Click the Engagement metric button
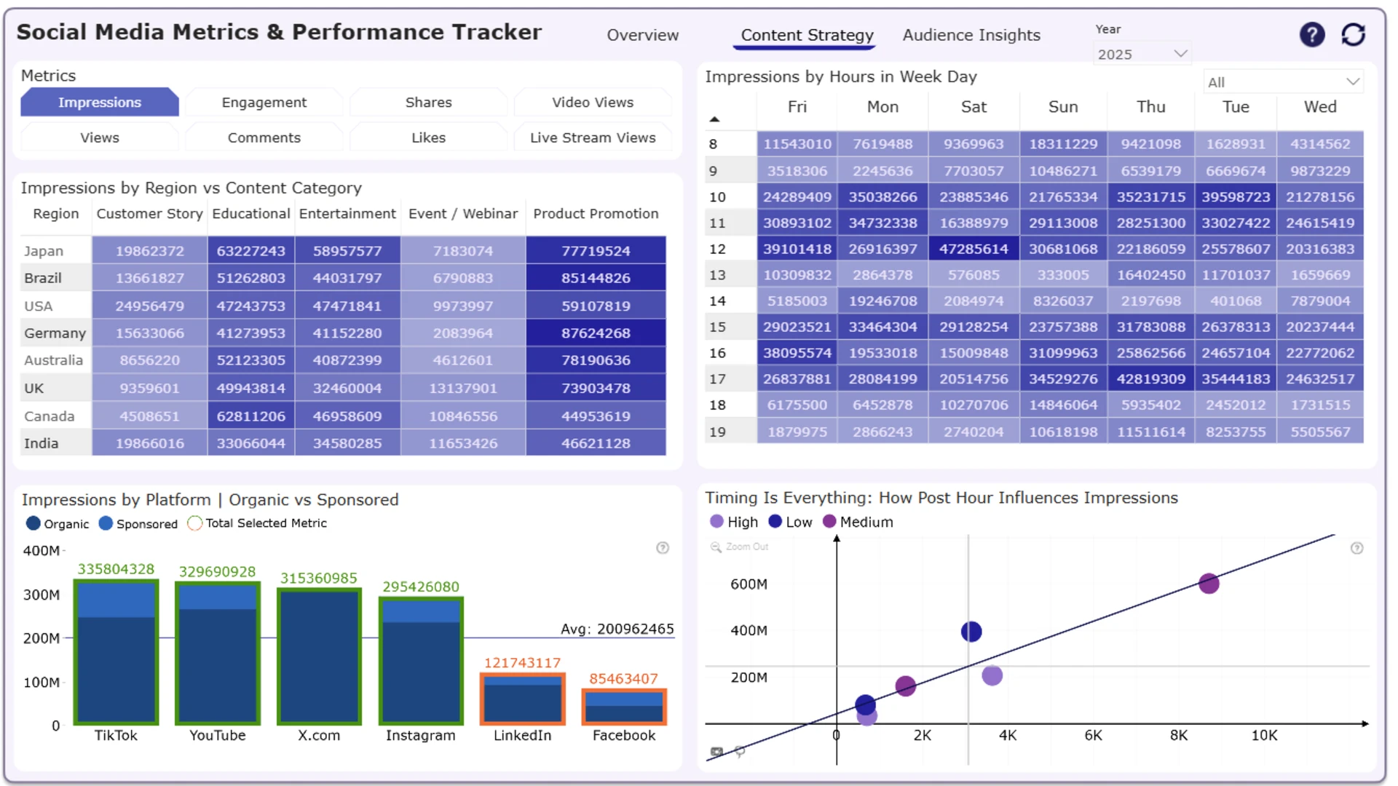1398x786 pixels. [x=264, y=103]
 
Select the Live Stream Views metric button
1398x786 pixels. [x=593, y=138]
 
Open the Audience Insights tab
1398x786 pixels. [x=971, y=35]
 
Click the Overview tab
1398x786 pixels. [x=642, y=35]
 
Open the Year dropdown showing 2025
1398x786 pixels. [x=1142, y=54]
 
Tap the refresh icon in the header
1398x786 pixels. [x=1353, y=34]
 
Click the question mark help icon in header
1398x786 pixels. [x=1312, y=34]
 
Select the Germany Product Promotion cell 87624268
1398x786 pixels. [x=596, y=333]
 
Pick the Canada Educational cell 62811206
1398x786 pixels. [x=250, y=416]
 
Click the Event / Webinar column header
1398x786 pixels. [x=463, y=214]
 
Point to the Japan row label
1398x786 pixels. [x=44, y=251]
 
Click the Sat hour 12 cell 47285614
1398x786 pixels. [x=974, y=249]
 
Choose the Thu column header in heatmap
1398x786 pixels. [x=1151, y=107]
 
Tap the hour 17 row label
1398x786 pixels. [x=717, y=379]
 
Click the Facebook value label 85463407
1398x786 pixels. [x=624, y=679]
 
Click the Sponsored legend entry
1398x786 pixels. [x=138, y=524]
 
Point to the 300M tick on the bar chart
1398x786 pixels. [x=42, y=595]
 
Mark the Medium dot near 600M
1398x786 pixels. [x=1209, y=584]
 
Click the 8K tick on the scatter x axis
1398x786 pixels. [x=1179, y=736]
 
